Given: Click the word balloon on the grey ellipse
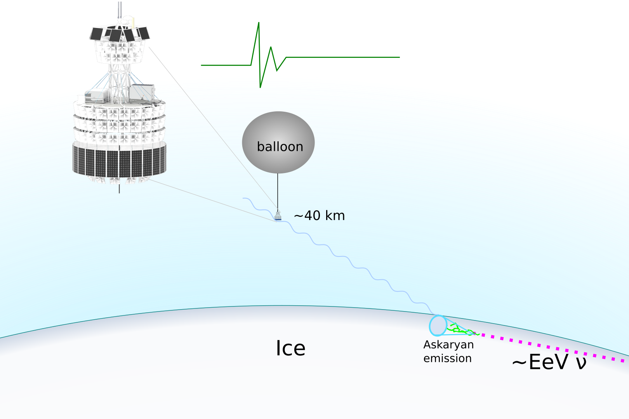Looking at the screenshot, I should (x=280, y=147).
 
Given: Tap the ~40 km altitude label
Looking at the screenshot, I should (x=319, y=216).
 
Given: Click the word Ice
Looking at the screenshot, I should (x=290, y=348).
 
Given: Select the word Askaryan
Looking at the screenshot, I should (x=448, y=345).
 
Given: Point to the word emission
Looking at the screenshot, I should (x=447, y=358).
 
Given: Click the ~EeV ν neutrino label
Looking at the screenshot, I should (x=549, y=362).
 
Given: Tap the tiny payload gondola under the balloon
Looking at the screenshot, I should (x=278, y=216).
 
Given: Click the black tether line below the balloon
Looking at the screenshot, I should (x=278, y=192).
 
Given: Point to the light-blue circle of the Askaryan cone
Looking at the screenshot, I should (x=438, y=326).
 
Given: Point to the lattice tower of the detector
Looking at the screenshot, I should (x=120, y=80).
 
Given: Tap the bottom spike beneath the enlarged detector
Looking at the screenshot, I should (x=119, y=189).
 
